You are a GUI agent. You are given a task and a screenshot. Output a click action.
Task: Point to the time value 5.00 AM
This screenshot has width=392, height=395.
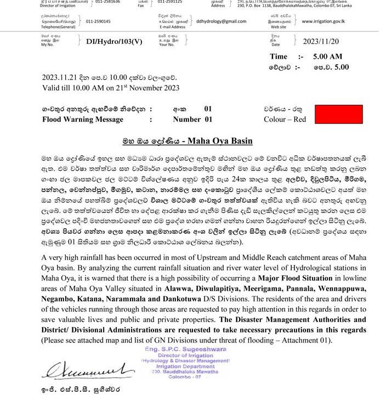point(327,57)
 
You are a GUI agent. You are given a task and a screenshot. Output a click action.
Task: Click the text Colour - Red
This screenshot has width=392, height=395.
point(285,119)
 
